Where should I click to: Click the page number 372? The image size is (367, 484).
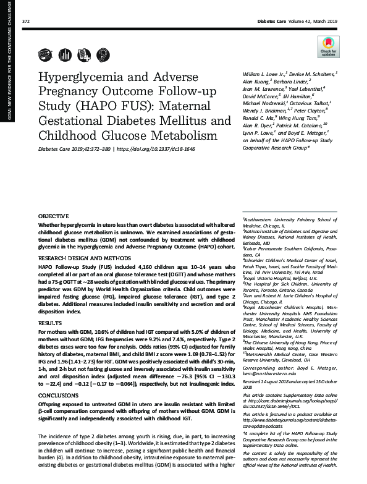26,21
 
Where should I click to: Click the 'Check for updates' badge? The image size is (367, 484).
326,45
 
